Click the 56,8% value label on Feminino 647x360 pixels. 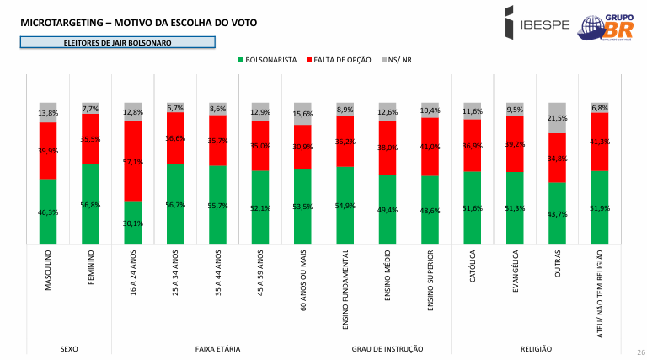(x=91, y=205)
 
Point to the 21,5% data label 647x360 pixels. (x=558, y=118)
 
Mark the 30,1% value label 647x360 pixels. (x=133, y=223)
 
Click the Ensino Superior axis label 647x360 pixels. (x=430, y=281)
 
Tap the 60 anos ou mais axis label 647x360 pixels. (x=303, y=282)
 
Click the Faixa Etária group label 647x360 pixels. (x=217, y=347)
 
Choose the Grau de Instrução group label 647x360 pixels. (x=387, y=347)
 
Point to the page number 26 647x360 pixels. (x=640, y=352)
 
